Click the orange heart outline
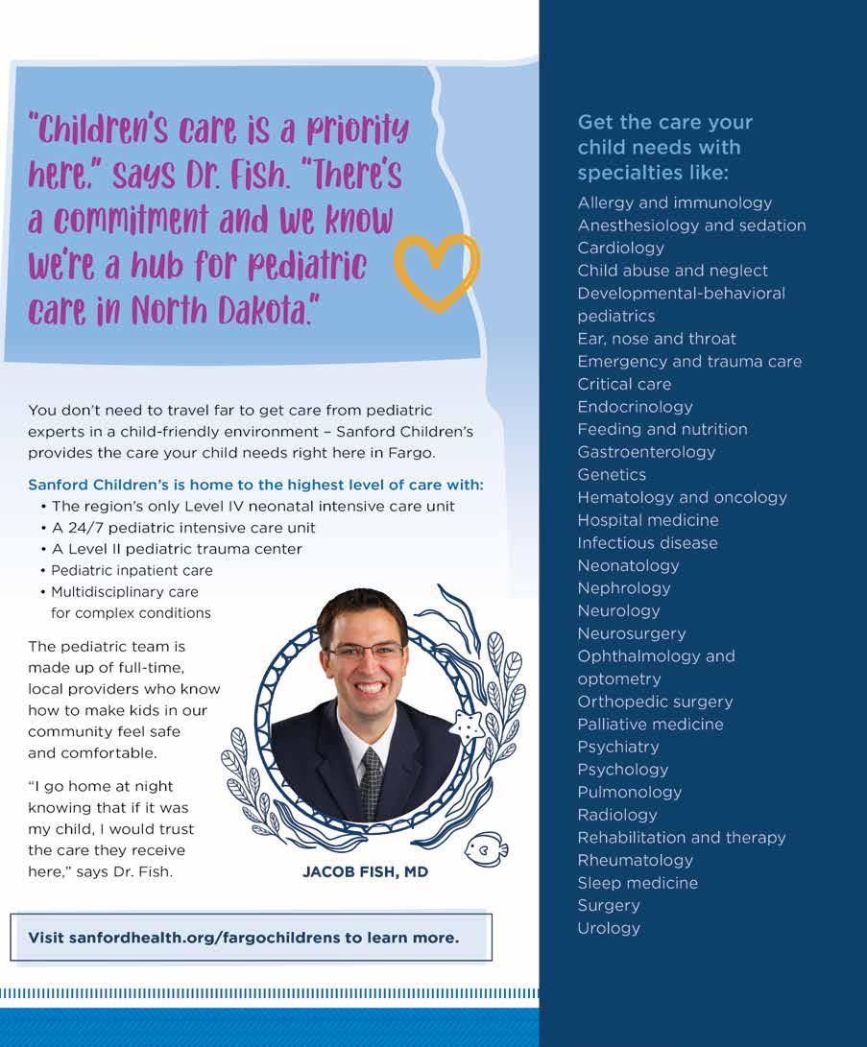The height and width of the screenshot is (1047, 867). coord(437,272)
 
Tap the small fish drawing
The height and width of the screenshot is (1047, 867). coord(485,848)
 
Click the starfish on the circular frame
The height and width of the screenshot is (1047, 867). coord(468,726)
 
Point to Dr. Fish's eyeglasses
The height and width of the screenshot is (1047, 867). coord(366,651)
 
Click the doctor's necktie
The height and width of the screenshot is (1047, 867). coord(371,782)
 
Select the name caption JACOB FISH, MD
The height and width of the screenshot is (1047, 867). coord(365,872)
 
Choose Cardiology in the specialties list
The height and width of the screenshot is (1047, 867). coord(620,248)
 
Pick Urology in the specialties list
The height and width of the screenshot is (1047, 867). coord(609,928)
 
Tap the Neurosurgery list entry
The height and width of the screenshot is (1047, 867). coord(632,633)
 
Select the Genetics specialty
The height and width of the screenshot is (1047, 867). coord(612,474)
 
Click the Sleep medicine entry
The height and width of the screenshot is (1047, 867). coord(638,883)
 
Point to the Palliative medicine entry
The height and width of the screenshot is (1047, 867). coord(650,725)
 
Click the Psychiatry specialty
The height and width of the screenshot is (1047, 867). coord(618,747)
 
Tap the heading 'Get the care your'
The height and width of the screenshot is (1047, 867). coord(664,123)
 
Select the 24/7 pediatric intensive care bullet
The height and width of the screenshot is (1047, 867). coord(183,528)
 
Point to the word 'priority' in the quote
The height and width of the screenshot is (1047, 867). coord(349,130)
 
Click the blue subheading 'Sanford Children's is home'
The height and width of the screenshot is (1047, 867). coord(255,485)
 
